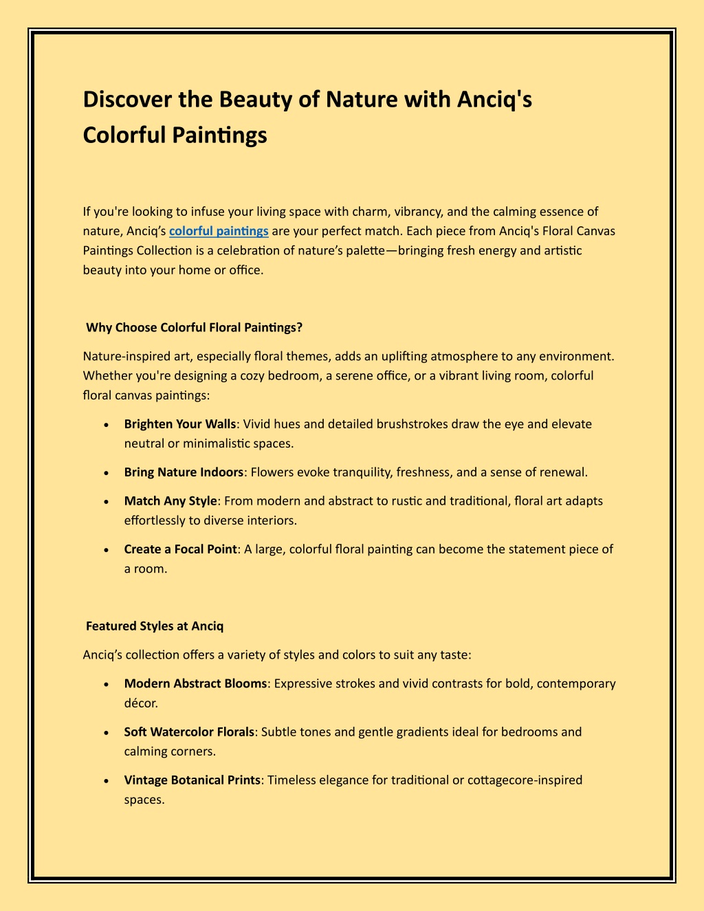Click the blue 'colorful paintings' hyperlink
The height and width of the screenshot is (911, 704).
click(x=219, y=231)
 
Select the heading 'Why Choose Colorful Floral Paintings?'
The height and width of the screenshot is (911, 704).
click(x=194, y=328)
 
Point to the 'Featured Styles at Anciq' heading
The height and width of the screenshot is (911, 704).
click(x=155, y=626)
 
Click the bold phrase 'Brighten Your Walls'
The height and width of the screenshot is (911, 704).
click(x=180, y=424)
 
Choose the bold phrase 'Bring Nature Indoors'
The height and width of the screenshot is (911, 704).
click(x=184, y=472)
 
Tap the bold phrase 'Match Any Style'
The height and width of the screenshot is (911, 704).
click(x=170, y=501)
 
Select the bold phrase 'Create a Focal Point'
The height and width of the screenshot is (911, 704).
click(x=181, y=549)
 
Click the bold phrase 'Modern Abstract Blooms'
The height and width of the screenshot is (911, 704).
click(x=195, y=684)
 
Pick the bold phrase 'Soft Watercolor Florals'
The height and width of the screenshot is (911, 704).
click(x=189, y=732)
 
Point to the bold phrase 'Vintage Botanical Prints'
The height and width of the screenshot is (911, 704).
click(x=192, y=780)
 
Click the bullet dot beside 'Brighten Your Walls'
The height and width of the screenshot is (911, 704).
click(x=105, y=425)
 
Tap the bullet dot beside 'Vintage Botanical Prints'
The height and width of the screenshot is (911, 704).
click(x=105, y=781)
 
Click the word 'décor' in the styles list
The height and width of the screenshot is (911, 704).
click(x=140, y=703)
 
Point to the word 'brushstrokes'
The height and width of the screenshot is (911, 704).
click(x=410, y=424)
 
